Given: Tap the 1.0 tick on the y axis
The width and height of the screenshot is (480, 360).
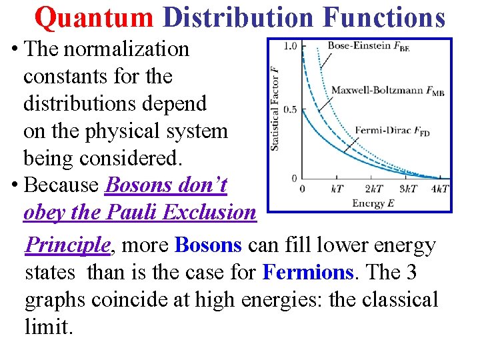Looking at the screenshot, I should pyautogui.click(x=290, y=46).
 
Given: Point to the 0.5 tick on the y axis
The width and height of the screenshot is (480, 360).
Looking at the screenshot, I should pyautogui.click(x=290, y=109).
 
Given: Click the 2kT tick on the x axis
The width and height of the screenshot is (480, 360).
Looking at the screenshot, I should pyautogui.click(x=374, y=189).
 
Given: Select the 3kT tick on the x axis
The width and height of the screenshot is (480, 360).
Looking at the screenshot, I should pyautogui.click(x=407, y=189).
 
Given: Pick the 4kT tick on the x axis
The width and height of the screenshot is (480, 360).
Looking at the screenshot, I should pyautogui.click(x=439, y=189).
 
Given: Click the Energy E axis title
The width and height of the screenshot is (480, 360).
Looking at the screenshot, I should pyautogui.click(x=374, y=203).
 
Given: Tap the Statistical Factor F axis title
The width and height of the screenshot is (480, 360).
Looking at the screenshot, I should pyautogui.click(x=275, y=107).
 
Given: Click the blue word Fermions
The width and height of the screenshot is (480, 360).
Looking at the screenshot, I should pyautogui.click(x=307, y=272).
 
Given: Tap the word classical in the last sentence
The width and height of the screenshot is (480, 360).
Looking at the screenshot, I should pyautogui.click(x=401, y=299).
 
